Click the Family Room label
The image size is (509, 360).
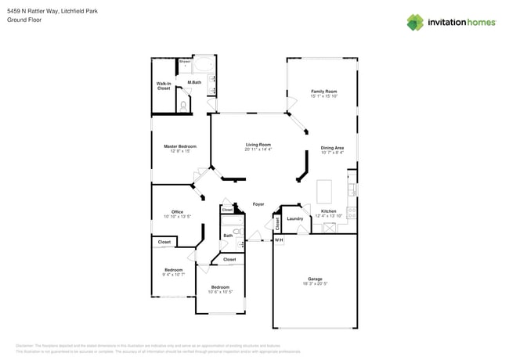pyautogui.click(x=323, y=92)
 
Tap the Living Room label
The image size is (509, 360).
pyautogui.click(x=258, y=144)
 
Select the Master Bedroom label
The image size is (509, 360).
pyautogui.click(x=179, y=146)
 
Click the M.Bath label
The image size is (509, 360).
pyautogui.click(x=193, y=83)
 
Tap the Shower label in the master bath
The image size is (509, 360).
pyautogui.click(x=185, y=61)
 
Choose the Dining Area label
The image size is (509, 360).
pyautogui.click(x=332, y=147)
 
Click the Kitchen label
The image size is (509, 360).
pyautogui.click(x=328, y=211)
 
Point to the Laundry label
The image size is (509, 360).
pyautogui.click(x=294, y=218)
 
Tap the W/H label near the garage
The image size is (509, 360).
pyautogui.click(x=278, y=240)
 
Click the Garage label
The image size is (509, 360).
pyautogui.click(x=315, y=279)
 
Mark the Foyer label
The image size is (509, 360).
pyautogui.click(x=258, y=204)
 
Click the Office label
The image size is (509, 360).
pyautogui.click(x=177, y=211)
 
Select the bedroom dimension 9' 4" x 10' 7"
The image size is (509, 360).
pyautogui.click(x=173, y=275)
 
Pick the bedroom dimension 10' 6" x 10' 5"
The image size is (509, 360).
pyautogui.click(x=220, y=292)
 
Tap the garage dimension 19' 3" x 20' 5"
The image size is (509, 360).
pyautogui.click(x=315, y=283)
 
